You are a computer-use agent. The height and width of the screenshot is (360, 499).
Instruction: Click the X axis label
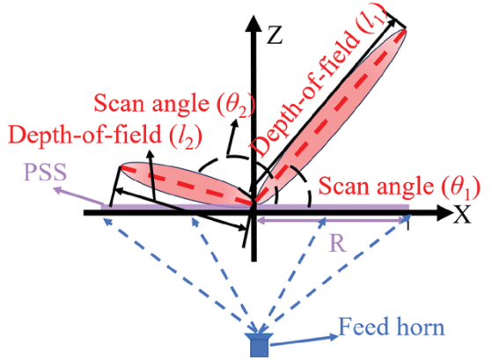[461, 213]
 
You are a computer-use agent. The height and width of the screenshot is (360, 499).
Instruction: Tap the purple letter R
[339, 244]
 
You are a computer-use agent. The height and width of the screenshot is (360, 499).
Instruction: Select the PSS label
[46, 173]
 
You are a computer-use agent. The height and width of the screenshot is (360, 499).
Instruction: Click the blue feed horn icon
[259, 345]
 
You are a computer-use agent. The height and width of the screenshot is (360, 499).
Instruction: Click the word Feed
[362, 327]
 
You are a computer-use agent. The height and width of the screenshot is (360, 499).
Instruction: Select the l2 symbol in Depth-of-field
[187, 136]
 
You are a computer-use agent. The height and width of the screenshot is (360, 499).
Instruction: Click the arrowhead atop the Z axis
[253, 23]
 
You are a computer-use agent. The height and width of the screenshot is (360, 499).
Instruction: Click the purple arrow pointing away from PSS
[77, 197]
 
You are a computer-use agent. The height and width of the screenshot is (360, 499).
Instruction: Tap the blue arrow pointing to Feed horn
[304, 340]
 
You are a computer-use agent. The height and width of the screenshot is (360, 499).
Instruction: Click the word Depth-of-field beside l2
[85, 135]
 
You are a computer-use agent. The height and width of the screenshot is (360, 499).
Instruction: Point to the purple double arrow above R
[333, 220]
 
